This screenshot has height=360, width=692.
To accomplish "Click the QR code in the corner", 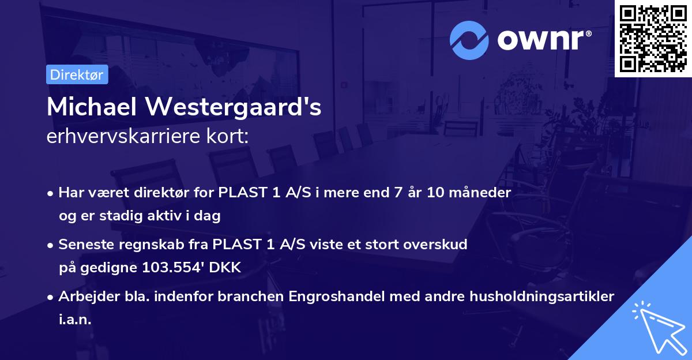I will point(653,39).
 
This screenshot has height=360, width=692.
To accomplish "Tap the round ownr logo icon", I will point(469,40).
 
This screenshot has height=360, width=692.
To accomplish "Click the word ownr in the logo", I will point(543,40).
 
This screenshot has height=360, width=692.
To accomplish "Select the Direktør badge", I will point(77,75).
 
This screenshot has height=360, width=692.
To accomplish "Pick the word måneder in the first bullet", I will point(482,193).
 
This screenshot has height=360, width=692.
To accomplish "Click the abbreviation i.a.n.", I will point(75,319).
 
